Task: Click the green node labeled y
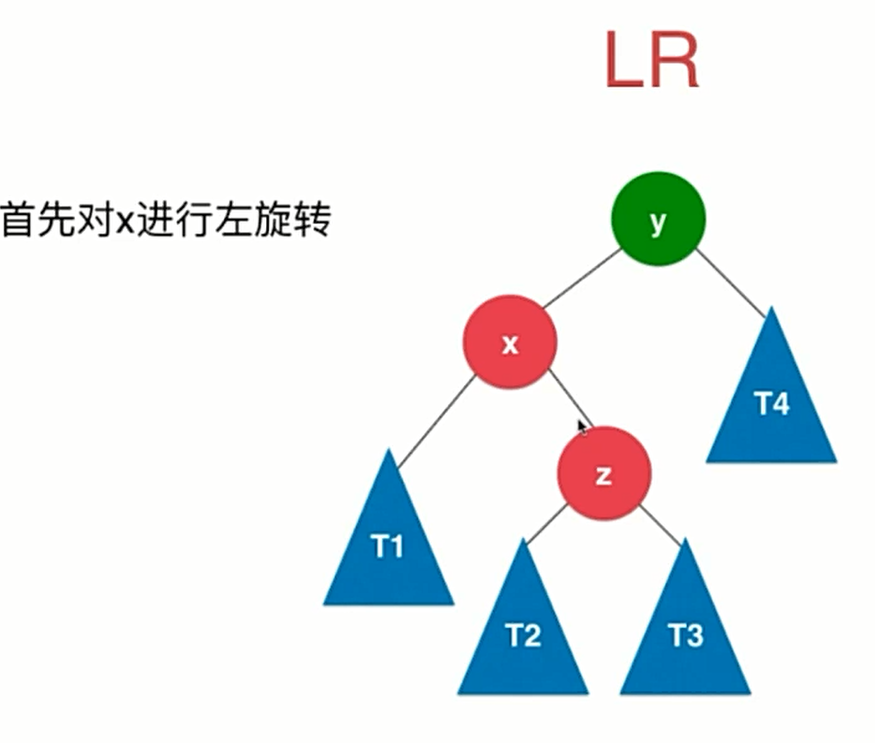click(658, 221)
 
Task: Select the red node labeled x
click(509, 344)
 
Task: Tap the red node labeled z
click(603, 474)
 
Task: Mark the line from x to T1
click(435, 420)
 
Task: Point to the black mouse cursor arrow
click(583, 426)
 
